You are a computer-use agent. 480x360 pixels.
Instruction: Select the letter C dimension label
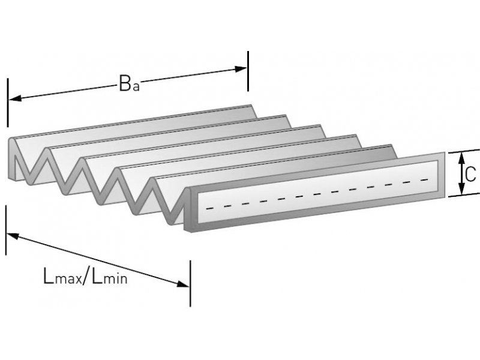point(470,173)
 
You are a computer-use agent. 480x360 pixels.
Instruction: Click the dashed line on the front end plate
point(318,193)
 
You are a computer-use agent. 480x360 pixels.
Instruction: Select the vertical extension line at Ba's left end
point(8,102)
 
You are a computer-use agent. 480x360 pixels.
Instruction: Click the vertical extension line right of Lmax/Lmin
point(190,282)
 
